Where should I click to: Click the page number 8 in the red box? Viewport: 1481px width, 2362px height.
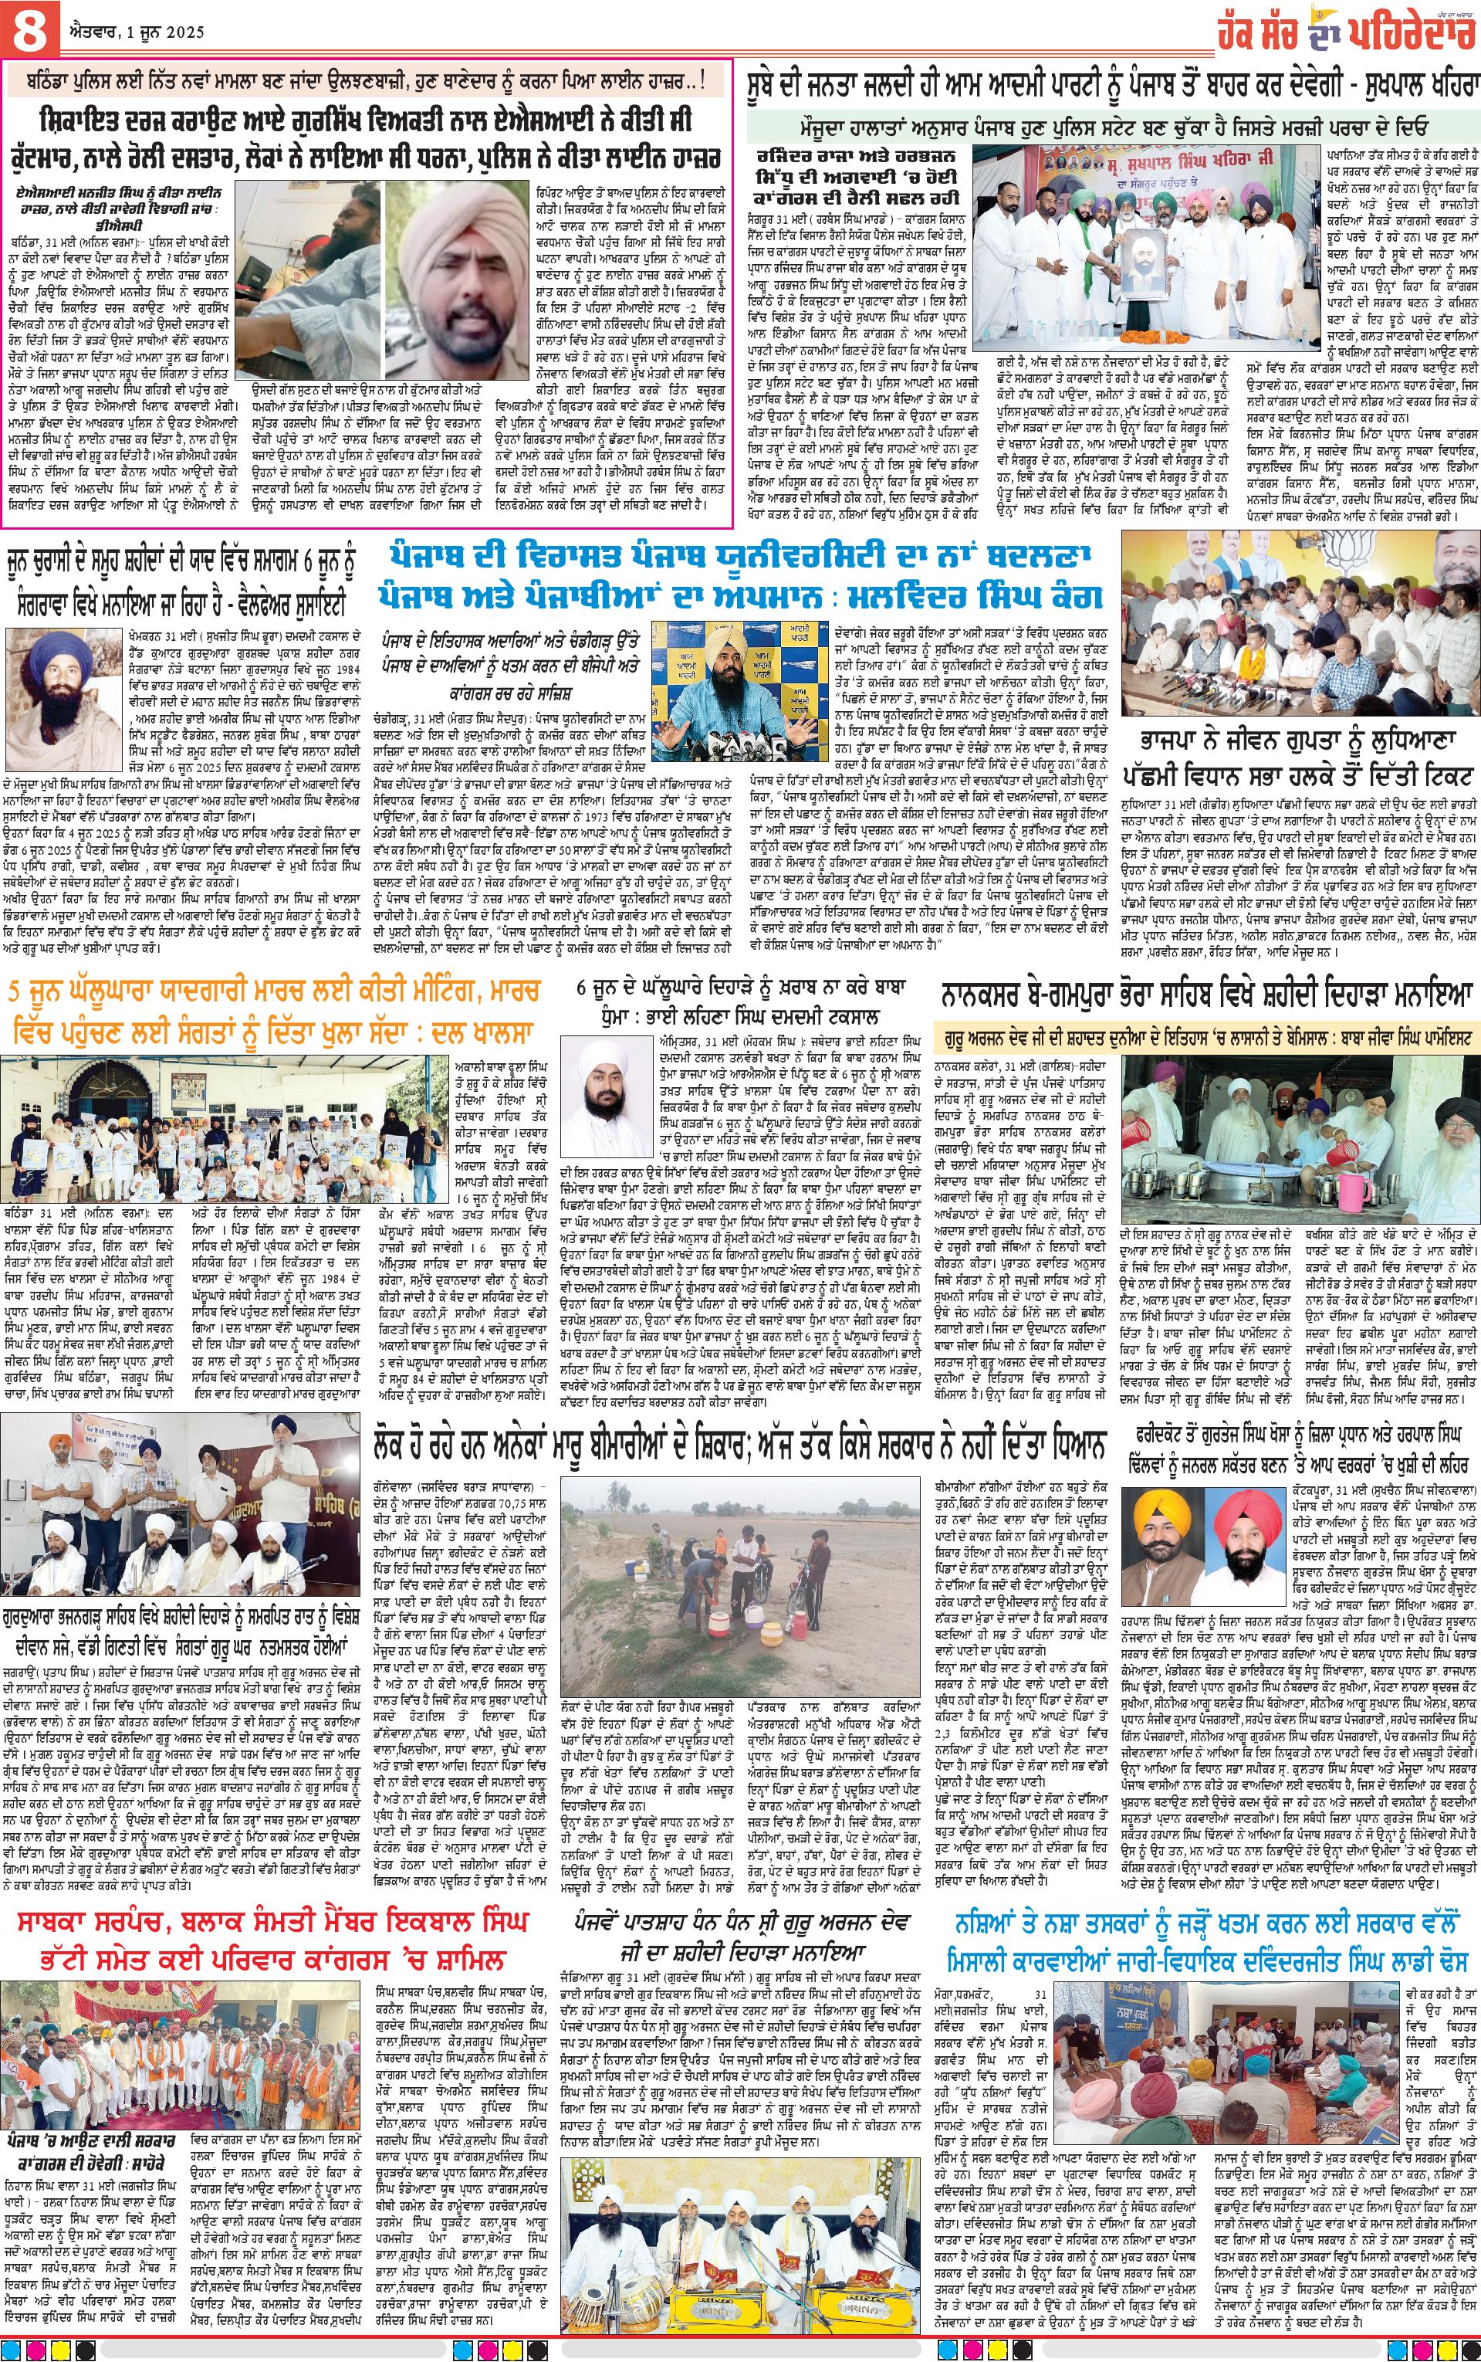coord(29,29)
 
